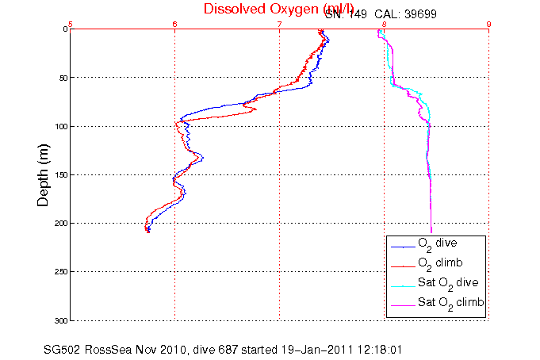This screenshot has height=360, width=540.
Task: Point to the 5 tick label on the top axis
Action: coord(71,24)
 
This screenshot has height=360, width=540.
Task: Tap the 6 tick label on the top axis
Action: coord(174,24)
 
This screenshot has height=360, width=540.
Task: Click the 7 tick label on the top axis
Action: coord(279,24)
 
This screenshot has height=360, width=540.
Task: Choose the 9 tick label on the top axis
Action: coord(488,24)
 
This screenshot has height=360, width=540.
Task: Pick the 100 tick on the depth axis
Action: coord(57,126)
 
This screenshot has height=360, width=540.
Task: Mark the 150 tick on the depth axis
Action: coord(57,175)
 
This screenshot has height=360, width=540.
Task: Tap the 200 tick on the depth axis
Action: coord(57,224)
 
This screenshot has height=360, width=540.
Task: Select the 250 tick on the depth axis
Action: coord(57,272)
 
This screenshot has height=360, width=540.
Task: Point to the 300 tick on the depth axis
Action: coord(57,320)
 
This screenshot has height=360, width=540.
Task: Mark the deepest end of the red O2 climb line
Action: coord(147,231)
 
